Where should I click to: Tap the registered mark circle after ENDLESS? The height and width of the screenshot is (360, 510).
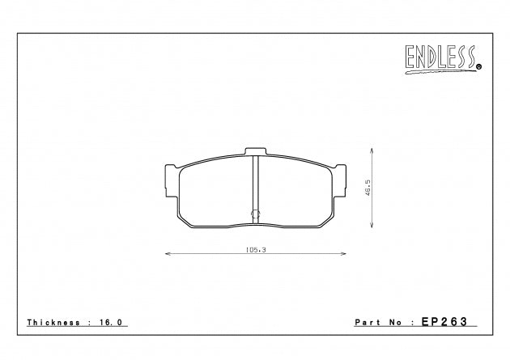478,67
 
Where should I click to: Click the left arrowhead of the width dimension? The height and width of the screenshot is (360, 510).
168,255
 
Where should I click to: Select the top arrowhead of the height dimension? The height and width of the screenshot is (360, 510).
372,149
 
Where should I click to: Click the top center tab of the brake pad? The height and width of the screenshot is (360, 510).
255,151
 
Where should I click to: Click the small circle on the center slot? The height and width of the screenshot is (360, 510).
255,215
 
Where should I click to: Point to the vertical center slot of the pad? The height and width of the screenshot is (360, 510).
255,186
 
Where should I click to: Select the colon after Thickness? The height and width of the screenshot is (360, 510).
89,321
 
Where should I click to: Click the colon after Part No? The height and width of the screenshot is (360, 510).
411,321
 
